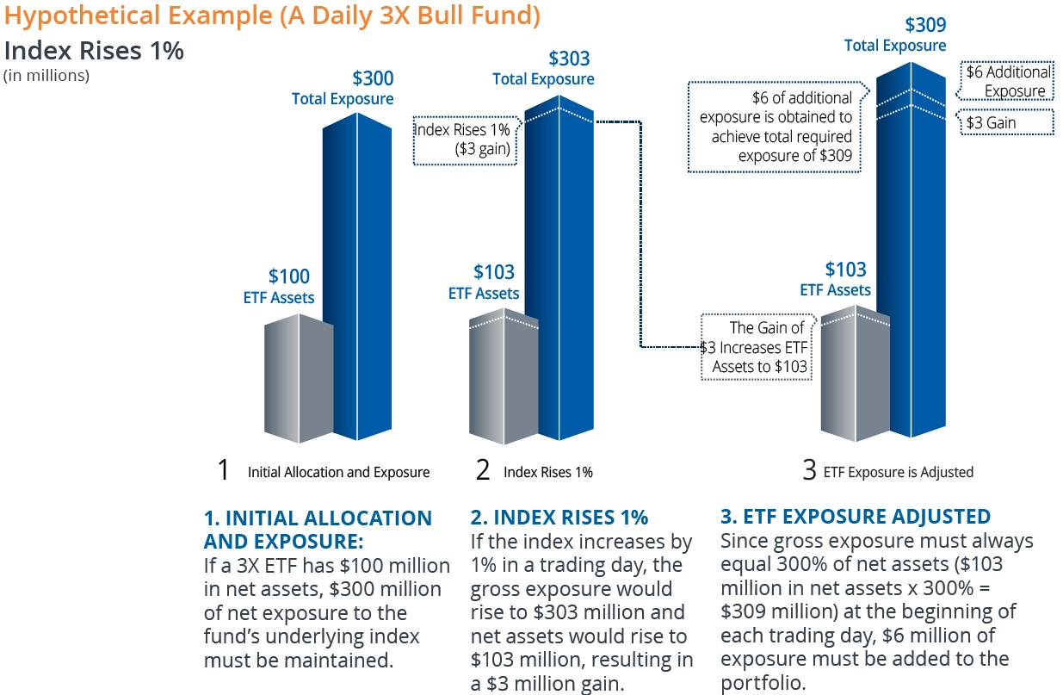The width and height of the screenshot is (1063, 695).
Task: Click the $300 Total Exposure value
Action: pos(372,79)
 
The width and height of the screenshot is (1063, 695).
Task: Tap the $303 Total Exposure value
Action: pos(569,59)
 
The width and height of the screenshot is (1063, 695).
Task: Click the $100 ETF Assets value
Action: pos(288,276)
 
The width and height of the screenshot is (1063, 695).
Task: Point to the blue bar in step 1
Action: pos(357,284)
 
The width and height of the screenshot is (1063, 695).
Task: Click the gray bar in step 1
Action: pos(298,379)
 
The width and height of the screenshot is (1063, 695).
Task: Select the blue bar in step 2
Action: pos(559,276)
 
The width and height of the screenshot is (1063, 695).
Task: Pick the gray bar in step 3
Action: pos(855,379)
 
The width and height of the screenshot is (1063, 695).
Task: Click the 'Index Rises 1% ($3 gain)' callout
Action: pos(463,140)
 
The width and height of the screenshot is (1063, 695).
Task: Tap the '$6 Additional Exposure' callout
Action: pos(1008,82)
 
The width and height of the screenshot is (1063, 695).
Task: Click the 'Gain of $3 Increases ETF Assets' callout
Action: pos(756,347)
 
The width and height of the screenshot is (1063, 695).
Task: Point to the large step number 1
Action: pos(224,470)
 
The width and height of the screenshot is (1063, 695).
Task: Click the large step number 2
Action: pos(483,470)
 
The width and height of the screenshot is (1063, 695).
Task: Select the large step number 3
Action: pos(809,470)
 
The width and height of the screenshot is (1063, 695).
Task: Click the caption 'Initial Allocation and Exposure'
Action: pos(338,472)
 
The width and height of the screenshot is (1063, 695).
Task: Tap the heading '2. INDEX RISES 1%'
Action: pos(559,518)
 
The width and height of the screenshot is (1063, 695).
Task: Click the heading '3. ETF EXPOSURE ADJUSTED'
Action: pos(855,517)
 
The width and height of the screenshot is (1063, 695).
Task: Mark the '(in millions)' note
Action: pos(46,76)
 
